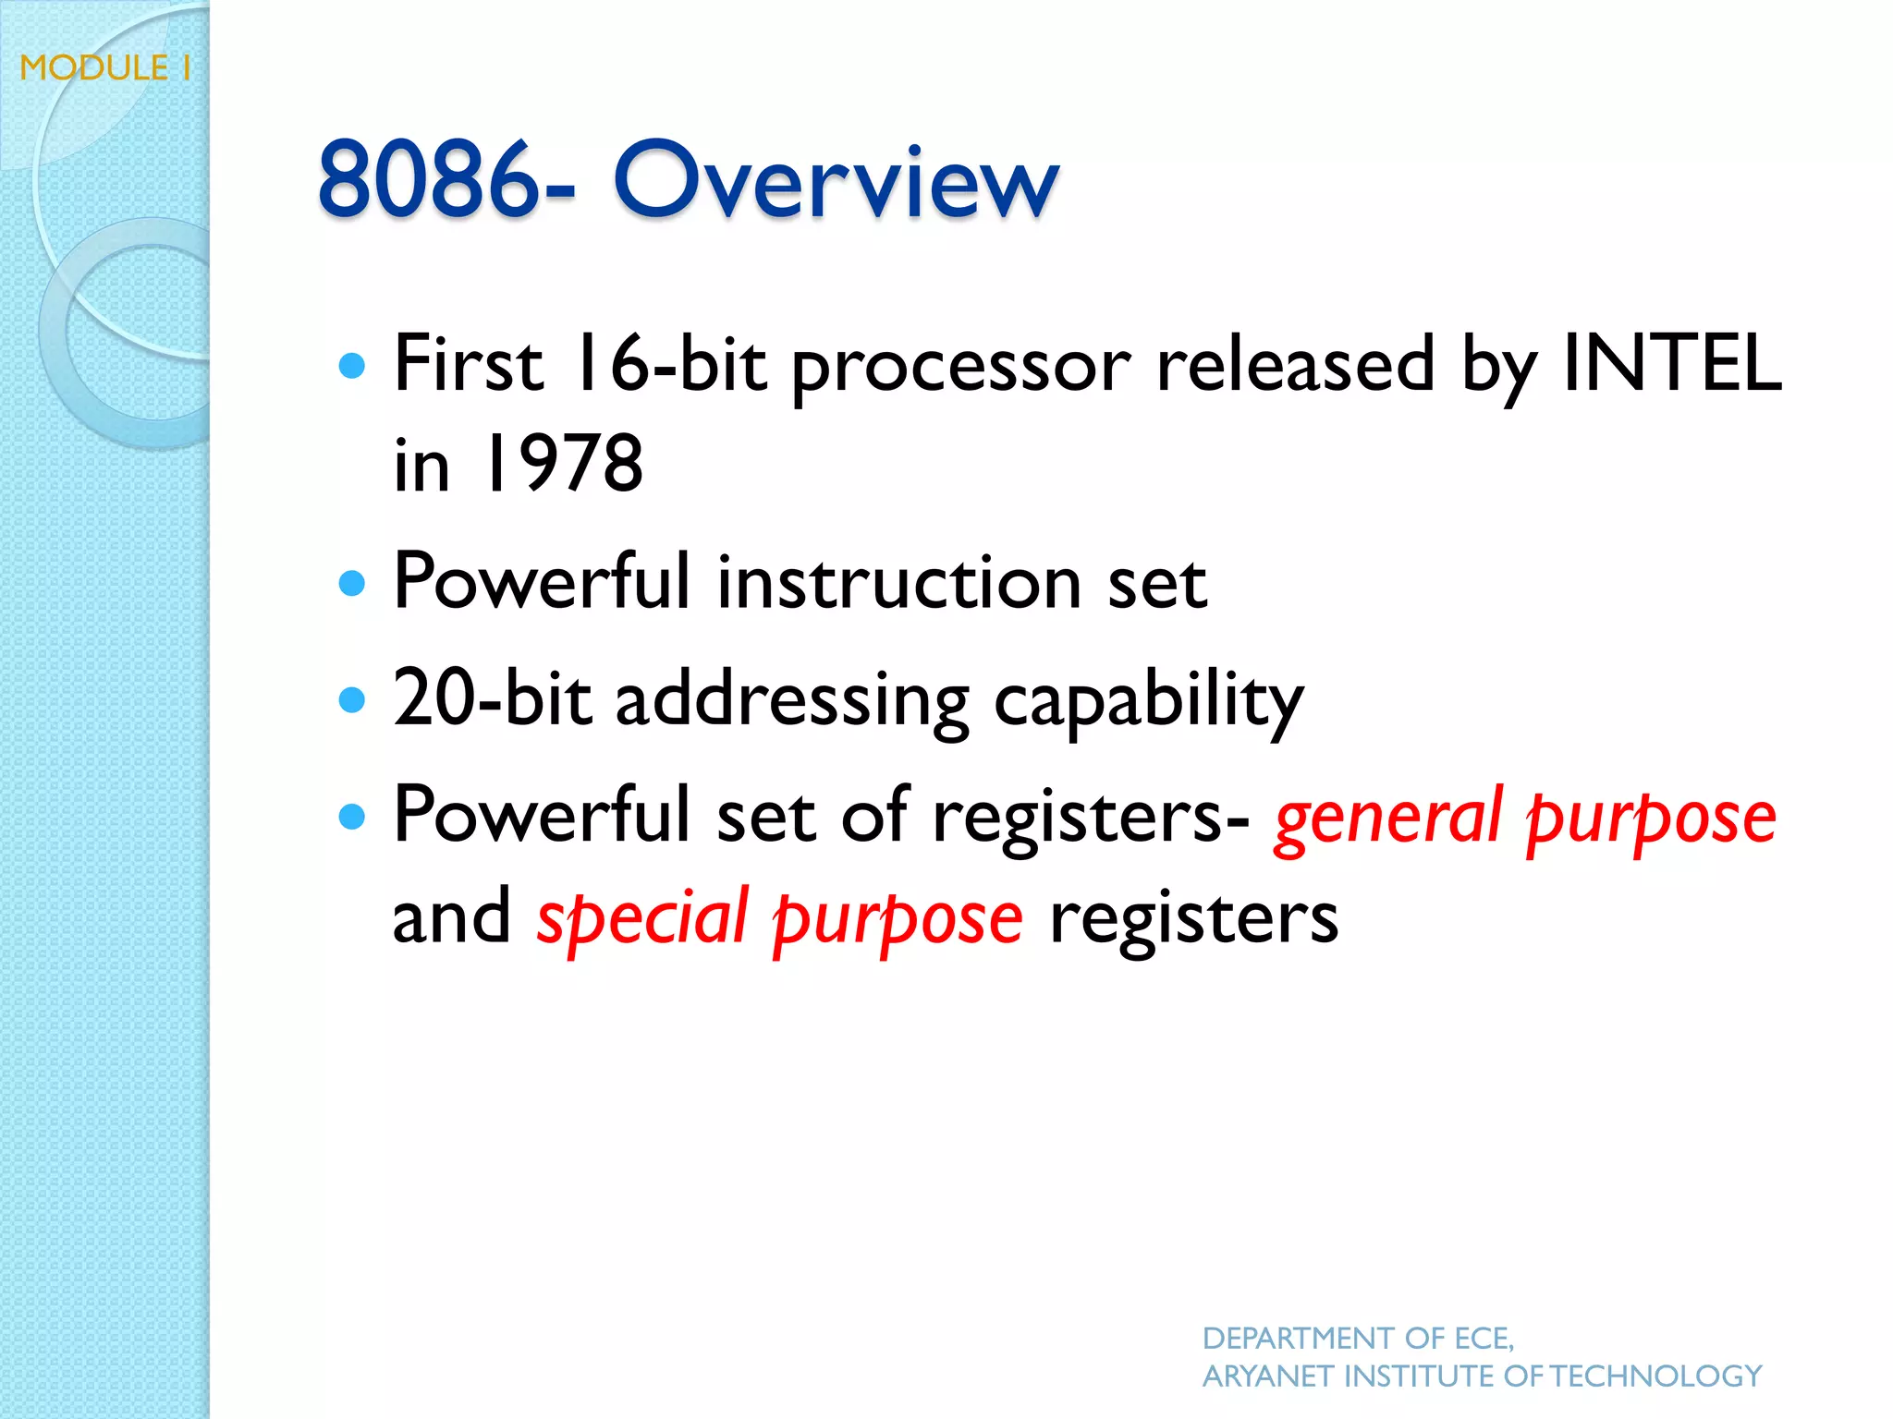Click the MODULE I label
pos(105,68)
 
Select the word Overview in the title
pos(836,181)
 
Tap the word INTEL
pos(1671,364)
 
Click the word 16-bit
pos(667,364)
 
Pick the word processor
pos(961,370)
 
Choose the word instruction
pos(898,583)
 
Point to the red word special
pos(642,920)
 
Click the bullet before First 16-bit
pos(352,367)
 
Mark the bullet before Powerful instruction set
pos(352,583)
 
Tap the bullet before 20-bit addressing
pos(352,699)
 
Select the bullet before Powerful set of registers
pos(352,817)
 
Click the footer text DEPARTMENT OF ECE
pos(1357,1338)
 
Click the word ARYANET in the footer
pos(1268,1377)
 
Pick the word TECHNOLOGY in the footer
pos(1655,1377)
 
